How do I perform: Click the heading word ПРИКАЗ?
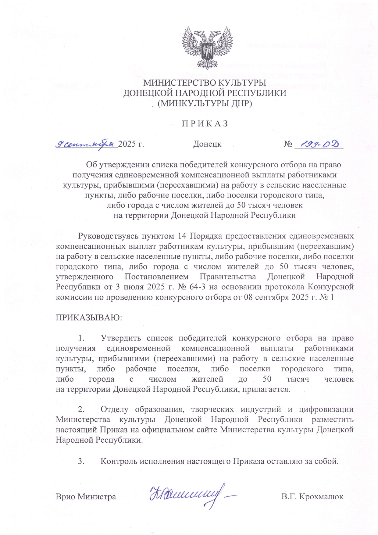[x=205, y=124]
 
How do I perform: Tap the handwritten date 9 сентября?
[x=86, y=143]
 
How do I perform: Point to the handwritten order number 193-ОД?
[x=320, y=144]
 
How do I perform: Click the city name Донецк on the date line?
[x=207, y=144]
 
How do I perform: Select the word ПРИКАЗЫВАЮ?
[x=89, y=317]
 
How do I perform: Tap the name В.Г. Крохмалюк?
[x=312, y=497]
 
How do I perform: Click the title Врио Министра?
[x=86, y=497]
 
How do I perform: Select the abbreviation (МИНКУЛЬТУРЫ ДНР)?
[x=205, y=104]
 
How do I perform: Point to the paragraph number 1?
[x=81, y=338]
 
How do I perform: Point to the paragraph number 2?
[x=81, y=409]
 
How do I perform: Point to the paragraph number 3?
[x=81, y=461]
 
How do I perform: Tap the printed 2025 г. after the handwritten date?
[x=131, y=144]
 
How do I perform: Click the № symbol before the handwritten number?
[x=288, y=144]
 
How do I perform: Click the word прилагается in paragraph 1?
[x=269, y=389]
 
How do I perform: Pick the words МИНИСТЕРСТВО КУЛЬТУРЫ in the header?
[x=205, y=83]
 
